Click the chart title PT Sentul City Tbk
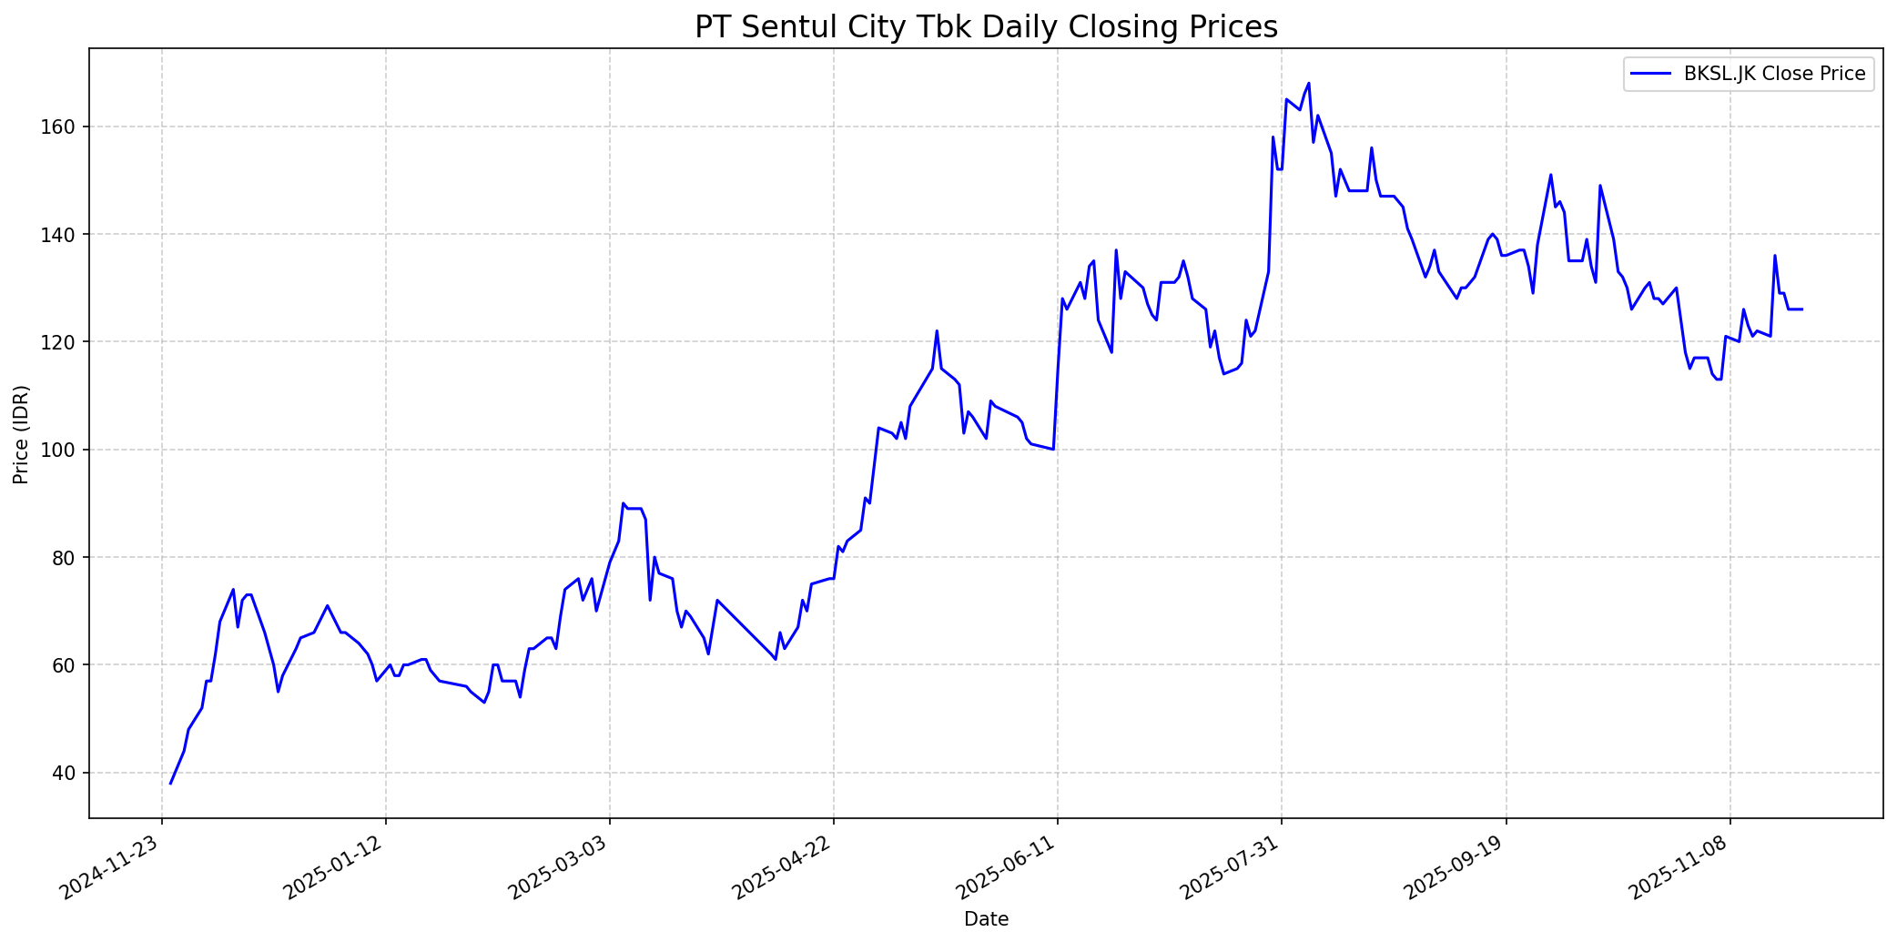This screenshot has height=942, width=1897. click(986, 27)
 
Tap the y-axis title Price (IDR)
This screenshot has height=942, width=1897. click(21, 434)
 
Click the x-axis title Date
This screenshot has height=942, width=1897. click(986, 919)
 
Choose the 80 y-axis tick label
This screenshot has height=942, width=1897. click(66, 557)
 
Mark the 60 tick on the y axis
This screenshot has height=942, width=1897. click(66, 665)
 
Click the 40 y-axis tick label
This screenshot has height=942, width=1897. click(66, 773)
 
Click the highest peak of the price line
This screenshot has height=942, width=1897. click(1308, 84)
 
